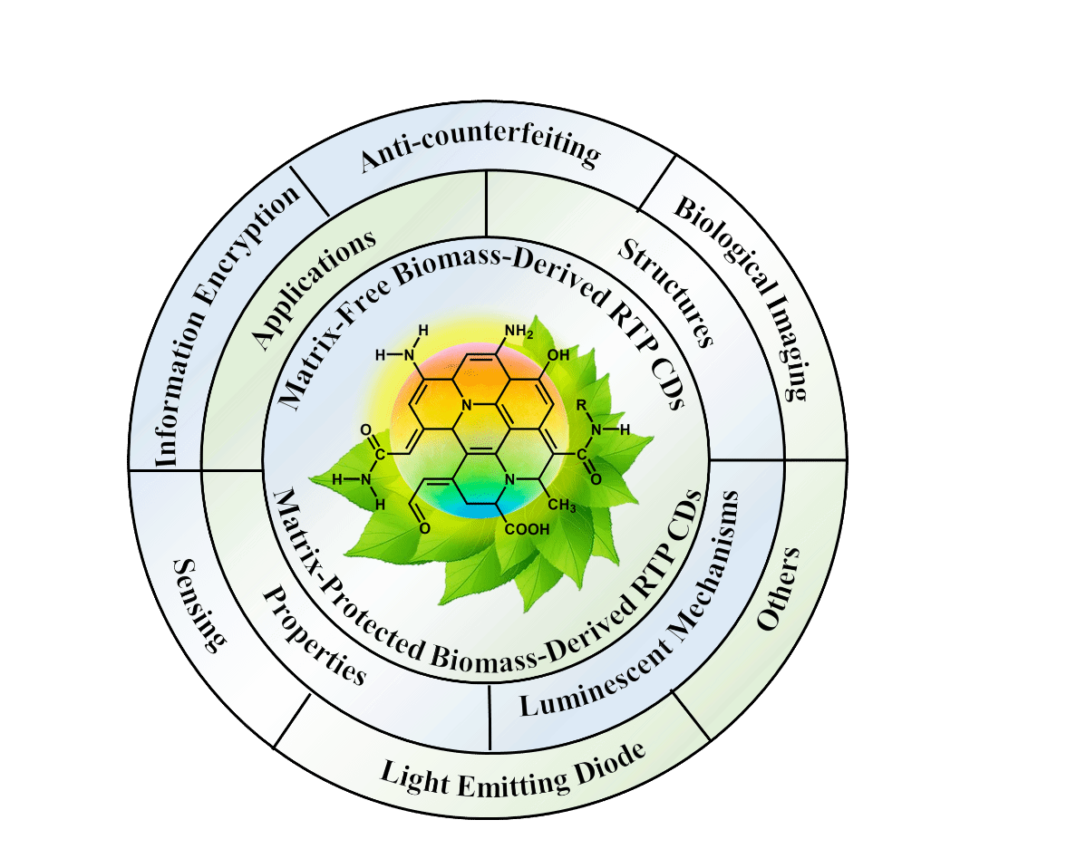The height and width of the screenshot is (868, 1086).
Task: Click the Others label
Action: pos(778,589)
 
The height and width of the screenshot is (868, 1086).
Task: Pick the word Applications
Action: pos(313,289)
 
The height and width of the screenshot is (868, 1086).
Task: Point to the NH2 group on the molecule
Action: pos(518,333)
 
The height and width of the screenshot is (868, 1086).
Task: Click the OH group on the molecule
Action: pos(558,355)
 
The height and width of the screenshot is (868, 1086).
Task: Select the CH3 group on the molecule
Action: pos(561,506)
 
